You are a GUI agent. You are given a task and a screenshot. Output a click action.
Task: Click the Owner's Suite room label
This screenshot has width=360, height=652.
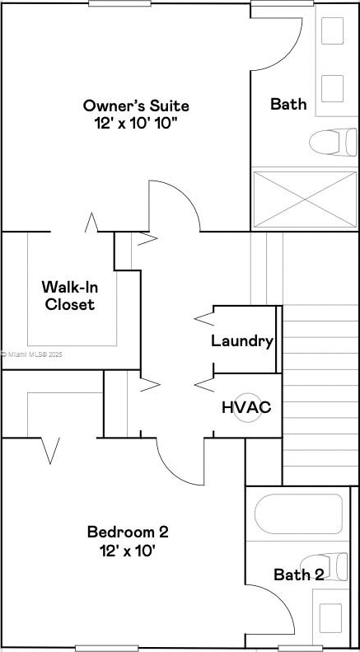[x=136, y=106]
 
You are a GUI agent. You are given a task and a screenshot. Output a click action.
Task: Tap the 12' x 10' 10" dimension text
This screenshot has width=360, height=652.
[x=136, y=124]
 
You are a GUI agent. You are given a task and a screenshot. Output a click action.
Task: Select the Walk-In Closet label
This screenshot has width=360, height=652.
[x=70, y=296]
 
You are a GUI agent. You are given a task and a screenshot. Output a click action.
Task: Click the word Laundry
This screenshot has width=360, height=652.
[x=242, y=341]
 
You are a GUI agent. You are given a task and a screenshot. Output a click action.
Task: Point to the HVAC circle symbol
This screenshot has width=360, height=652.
[x=247, y=408]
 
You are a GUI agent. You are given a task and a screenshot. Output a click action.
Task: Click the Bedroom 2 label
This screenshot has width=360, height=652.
[x=128, y=532]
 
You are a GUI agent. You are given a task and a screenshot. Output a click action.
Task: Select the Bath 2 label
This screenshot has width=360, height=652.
[x=298, y=575]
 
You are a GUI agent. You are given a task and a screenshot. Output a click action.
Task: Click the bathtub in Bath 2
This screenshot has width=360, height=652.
[x=298, y=514]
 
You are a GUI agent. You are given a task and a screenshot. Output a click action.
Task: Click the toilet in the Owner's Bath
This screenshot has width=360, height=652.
[x=333, y=143]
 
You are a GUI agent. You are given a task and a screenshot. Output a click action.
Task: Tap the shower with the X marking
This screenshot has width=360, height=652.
[x=305, y=199]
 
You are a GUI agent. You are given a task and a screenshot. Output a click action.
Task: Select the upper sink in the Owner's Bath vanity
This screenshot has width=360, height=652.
[x=332, y=30]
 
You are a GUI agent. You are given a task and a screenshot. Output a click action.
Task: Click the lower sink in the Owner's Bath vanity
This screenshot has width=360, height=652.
[x=332, y=88]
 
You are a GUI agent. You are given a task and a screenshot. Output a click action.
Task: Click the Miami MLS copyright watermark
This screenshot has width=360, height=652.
[x=31, y=354]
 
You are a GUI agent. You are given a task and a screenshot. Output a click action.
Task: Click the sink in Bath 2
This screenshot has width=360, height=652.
[x=330, y=618]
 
